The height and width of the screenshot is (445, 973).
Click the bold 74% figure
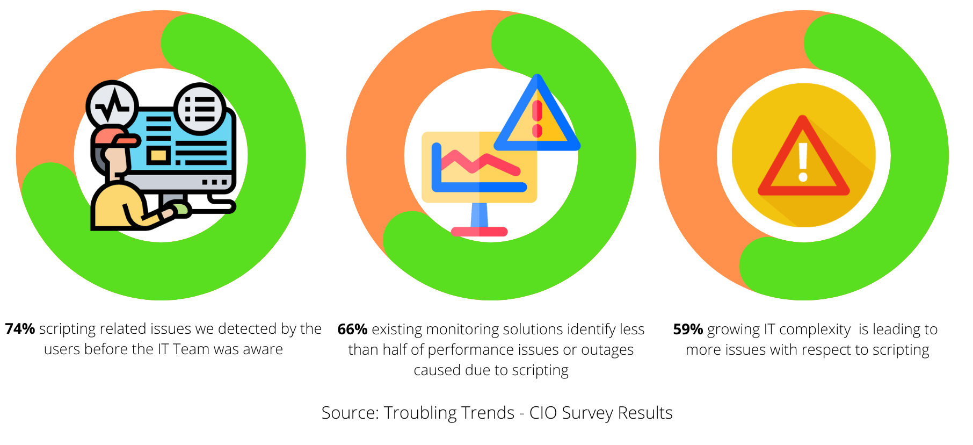click(20, 328)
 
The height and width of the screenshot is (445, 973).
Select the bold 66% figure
click(352, 329)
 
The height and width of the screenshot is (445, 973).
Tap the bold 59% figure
click(688, 329)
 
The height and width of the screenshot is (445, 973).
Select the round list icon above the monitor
click(200, 109)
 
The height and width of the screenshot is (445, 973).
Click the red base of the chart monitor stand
click(479, 232)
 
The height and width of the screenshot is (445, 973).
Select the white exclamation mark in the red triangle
click(803, 162)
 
